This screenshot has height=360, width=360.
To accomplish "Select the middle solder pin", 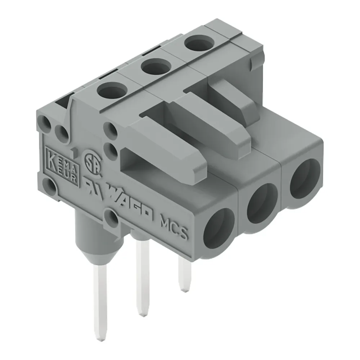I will click(142, 277).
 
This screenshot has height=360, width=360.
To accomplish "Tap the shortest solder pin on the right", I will click(185, 274).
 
